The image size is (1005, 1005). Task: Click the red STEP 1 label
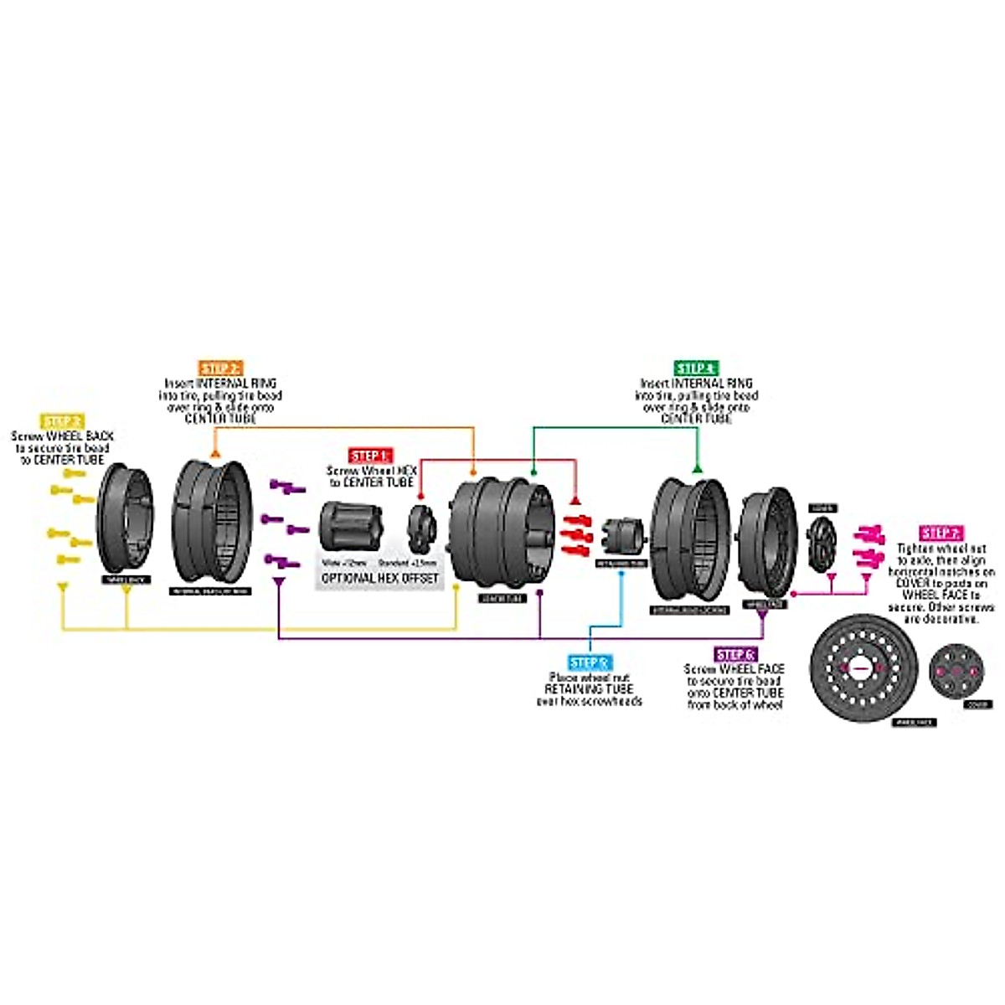pos(371,456)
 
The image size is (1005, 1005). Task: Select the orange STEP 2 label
pos(221,368)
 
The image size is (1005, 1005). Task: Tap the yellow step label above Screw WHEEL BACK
pos(63,422)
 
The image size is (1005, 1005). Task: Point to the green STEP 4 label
pos(696,368)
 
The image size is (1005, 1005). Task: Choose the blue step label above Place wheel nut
pos(589,663)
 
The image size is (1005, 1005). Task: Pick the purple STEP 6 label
pos(736,655)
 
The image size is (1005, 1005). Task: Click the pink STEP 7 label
pos(942,533)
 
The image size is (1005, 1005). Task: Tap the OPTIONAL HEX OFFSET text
pos(380,579)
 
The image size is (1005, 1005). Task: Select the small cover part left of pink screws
pos(822,544)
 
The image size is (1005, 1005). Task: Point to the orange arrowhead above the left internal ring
pos(215,453)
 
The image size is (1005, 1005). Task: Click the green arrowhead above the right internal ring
pos(697,466)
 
